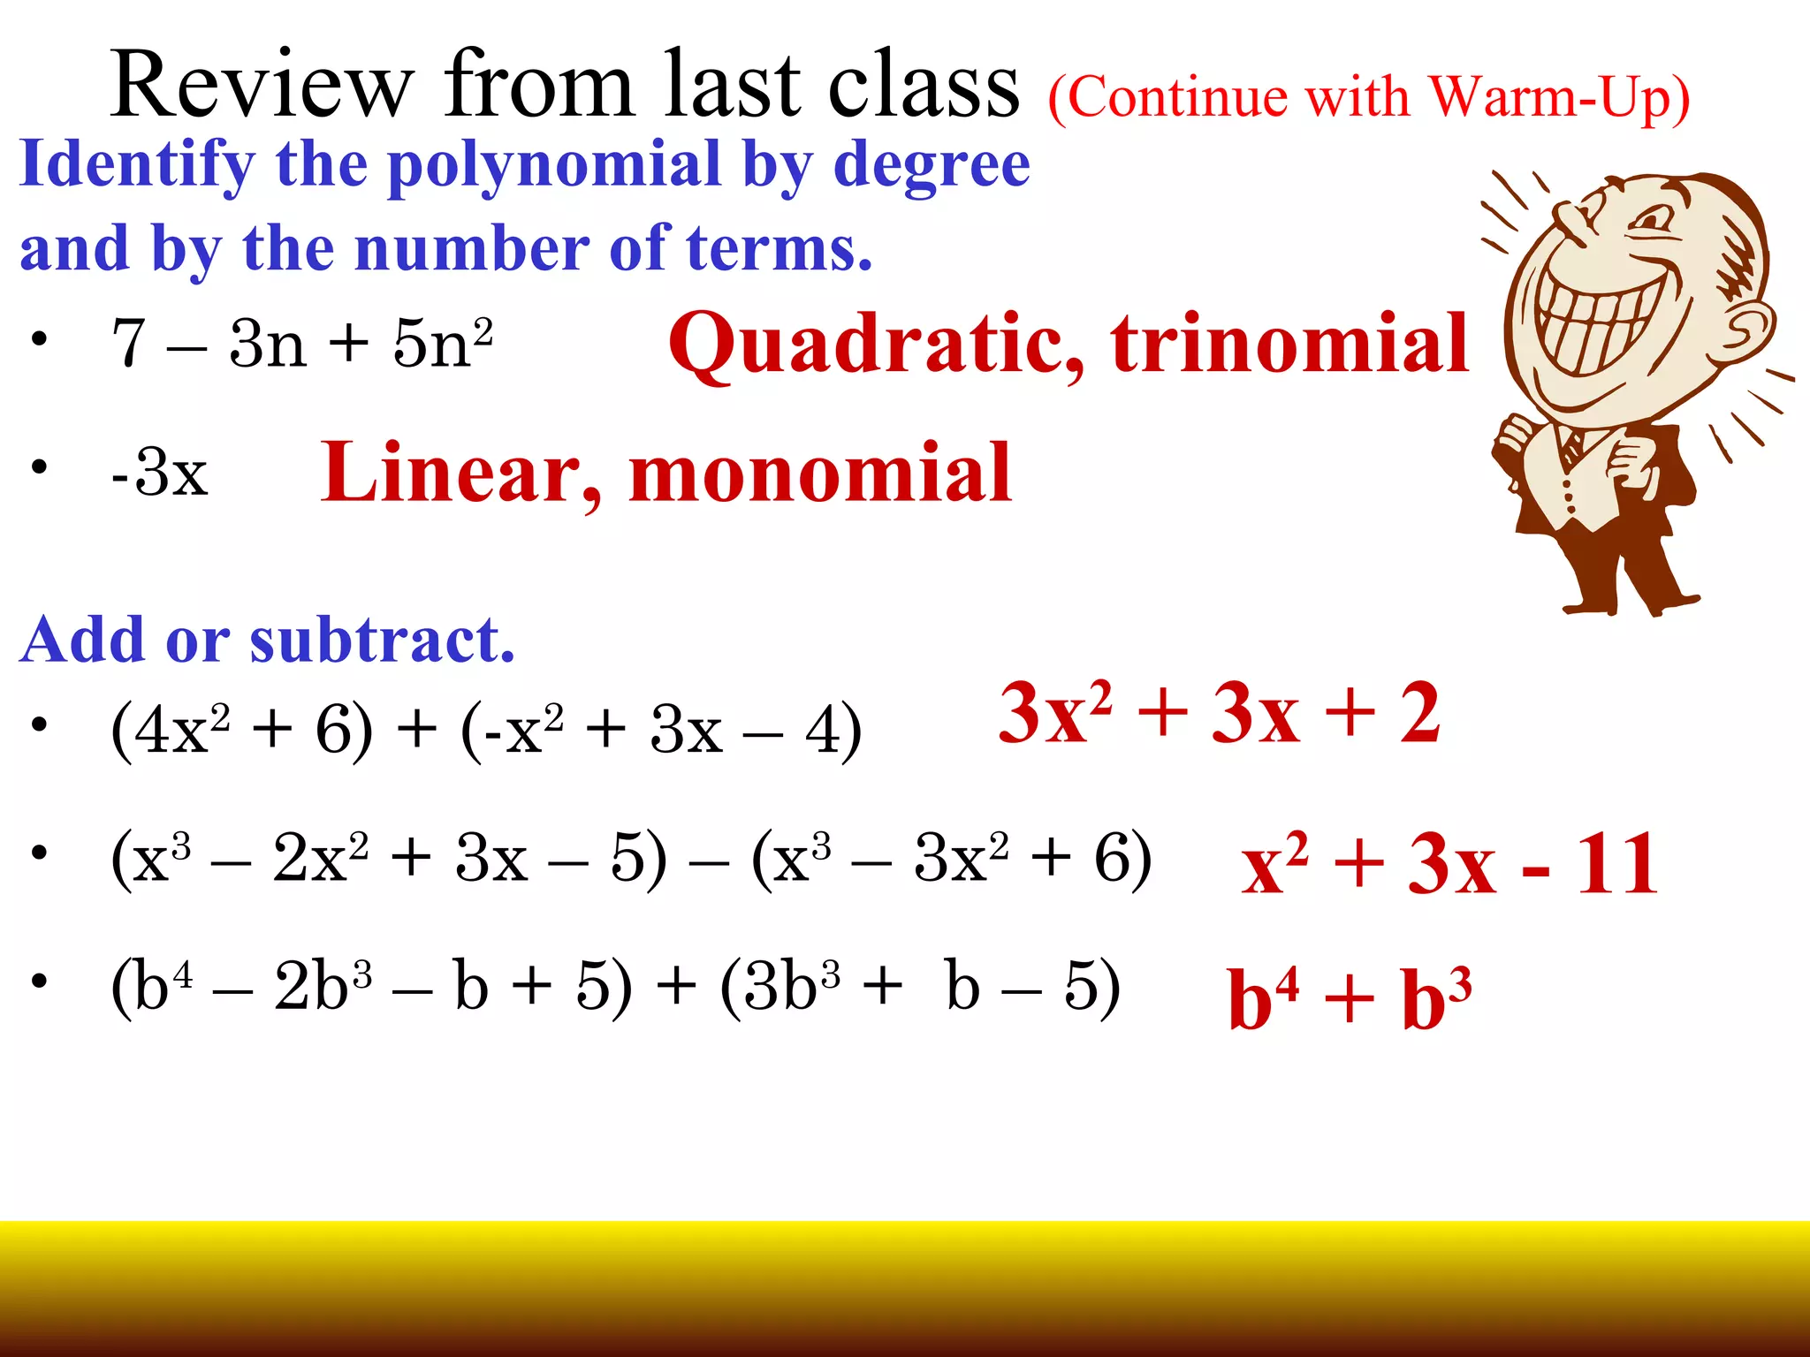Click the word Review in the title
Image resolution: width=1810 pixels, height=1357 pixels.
coord(262,87)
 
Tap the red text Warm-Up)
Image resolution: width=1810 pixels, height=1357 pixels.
coord(1560,97)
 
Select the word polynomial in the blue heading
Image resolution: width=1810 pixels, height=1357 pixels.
coord(554,166)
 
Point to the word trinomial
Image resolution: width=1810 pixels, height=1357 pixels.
coord(1289,345)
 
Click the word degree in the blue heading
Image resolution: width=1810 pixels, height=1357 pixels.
coord(932,166)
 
